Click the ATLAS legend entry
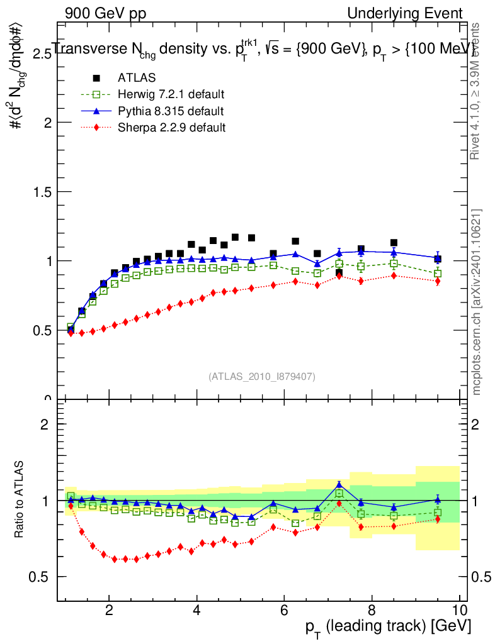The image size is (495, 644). [137, 78]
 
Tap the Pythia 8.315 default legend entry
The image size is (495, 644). [171, 111]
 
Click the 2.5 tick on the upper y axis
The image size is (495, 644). [42, 54]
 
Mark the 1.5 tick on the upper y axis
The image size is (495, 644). [42, 192]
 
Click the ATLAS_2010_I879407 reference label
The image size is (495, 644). [262, 376]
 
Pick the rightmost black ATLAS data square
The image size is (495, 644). [437, 259]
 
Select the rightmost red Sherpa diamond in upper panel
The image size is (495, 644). [437, 281]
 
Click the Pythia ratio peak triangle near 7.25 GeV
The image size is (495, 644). [339, 484]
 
